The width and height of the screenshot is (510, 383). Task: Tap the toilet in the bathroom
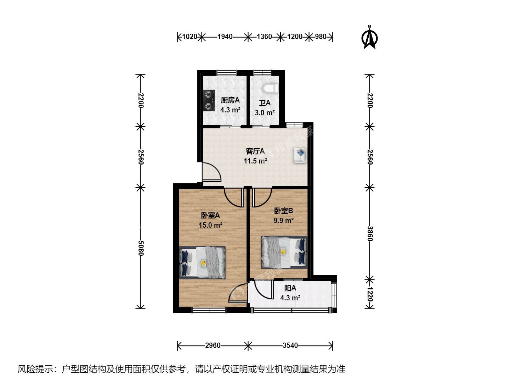pos(271,88)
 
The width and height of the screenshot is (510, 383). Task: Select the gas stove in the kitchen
pos(209,100)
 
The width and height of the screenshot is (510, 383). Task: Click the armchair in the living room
pos(300,155)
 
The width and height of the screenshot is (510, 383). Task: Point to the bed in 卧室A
pos(202,262)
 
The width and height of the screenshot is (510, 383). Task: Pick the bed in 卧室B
pos(284,252)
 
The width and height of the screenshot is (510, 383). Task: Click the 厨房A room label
pos(230,100)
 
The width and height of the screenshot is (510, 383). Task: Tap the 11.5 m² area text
pos(255,161)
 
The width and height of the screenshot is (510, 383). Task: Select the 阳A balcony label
pos(290,288)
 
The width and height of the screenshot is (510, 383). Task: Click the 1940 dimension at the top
pos(225,37)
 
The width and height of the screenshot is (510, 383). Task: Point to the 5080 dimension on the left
pos(141,248)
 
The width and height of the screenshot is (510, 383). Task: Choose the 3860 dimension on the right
pos(370,234)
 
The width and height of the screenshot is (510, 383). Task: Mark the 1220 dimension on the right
pos(370,294)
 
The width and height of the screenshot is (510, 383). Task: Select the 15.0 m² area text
pos(210,225)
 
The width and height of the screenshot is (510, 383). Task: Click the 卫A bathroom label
pos(265,103)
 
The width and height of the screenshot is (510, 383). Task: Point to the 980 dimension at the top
pos(321,37)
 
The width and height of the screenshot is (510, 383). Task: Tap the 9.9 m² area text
pos(283,220)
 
